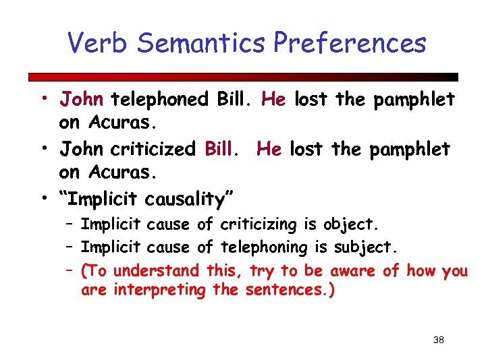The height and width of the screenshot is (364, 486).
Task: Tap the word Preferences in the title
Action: pyautogui.click(x=350, y=43)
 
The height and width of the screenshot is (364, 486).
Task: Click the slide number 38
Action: pyautogui.click(x=438, y=340)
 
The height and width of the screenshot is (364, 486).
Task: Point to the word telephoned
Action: pyautogui.click(x=160, y=100)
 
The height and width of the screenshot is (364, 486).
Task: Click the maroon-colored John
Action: pyautogui.click(x=81, y=100)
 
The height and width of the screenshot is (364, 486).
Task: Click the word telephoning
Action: pyautogui.click(x=267, y=248)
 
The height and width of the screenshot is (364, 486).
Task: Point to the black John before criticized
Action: pyautogui.click(x=81, y=148)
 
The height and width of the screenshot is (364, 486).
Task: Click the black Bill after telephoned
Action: pyautogui.click(x=234, y=100)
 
